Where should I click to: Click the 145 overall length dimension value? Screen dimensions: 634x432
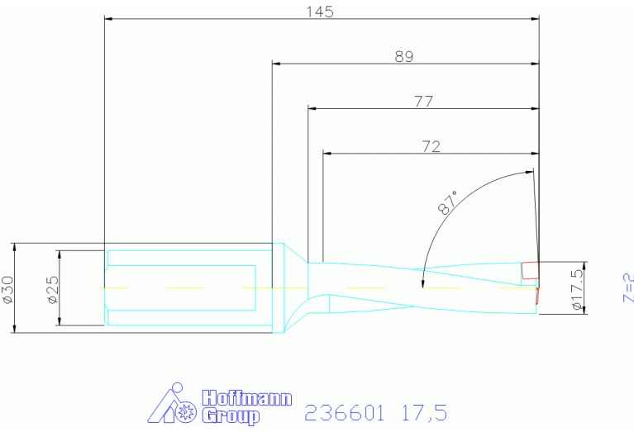click(x=320, y=12)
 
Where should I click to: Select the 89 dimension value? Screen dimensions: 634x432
click(x=404, y=56)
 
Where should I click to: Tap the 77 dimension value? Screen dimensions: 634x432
click(x=423, y=102)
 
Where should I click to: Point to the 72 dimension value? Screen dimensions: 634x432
click(x=431, y=146)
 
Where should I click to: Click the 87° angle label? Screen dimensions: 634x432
click(x=448, y=202)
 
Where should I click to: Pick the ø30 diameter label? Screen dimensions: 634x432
click(x=8, y=289)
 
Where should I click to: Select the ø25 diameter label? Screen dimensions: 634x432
click(x=53, y=289)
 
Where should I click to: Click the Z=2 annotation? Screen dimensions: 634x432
click(x=628, y=287)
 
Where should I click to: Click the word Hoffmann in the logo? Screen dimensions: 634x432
click(x=246, y=398)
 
